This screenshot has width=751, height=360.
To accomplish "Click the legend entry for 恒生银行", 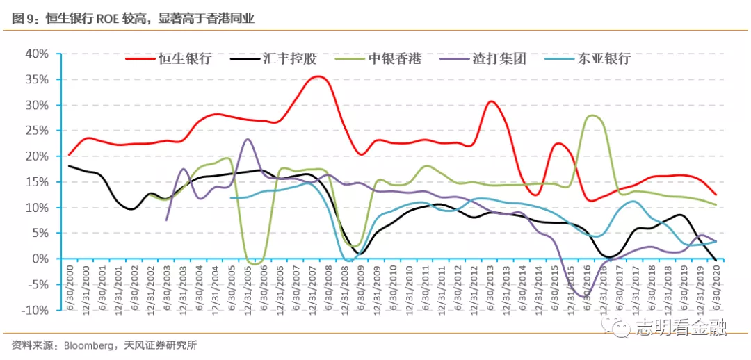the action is (168, 59).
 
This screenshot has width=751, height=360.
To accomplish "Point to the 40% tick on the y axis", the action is (37, 54).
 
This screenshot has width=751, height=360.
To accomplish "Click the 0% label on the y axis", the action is (42, 259).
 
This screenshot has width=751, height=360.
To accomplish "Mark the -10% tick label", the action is (35, 310).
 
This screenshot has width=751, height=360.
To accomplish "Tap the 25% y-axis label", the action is (37, 131).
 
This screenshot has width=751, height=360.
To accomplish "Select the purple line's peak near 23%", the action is (247, 139).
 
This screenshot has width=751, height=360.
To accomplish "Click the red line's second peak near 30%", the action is (492, 101).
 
